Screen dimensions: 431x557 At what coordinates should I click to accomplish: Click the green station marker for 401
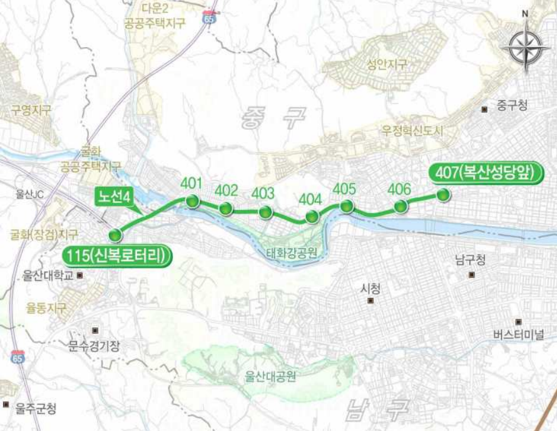(x=193, y=201)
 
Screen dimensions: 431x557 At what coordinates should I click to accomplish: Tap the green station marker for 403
(x=266, y=212)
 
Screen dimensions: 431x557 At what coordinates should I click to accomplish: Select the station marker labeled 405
(x=346, y=206)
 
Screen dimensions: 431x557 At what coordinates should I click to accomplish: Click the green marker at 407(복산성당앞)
(x=443, y=195)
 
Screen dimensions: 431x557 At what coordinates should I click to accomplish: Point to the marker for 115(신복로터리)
(x=115, y=235)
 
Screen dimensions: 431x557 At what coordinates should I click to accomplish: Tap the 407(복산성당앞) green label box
(x=484, y=174)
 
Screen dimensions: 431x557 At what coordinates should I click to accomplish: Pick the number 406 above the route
(x=399, y=189)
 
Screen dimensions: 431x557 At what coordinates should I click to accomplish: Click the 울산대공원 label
(x=270, y=377)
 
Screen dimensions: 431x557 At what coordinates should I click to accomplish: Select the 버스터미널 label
(x=519, y=333)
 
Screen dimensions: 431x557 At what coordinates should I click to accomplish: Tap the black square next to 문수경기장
(x=95, y=330)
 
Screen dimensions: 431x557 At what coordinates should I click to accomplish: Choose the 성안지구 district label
(x=387, y=64)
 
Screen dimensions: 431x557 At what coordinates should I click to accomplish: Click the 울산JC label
(x=31, y=194)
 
